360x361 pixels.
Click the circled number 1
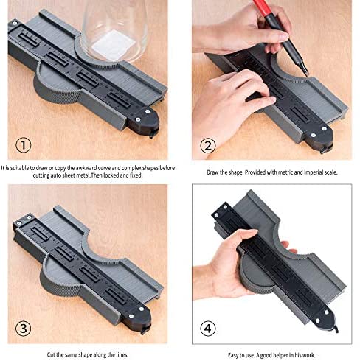[24, 145]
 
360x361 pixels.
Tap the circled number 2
[208, 146]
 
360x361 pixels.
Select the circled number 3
[24, 329]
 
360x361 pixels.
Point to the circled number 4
[208, 329]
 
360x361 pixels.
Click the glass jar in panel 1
[114, 31]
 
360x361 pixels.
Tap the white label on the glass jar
[114, 46]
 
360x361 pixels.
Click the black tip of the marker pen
[305, 69]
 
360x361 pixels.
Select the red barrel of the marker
[262, 7]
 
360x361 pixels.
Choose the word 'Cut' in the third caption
[51, 354]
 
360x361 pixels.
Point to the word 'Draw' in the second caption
[212, 172]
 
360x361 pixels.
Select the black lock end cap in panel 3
[136, 318]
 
